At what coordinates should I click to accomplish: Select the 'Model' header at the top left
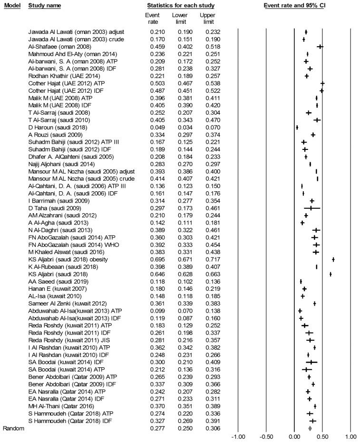11,5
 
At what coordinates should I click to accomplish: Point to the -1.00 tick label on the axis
237,435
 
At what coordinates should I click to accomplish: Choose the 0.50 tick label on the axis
322,435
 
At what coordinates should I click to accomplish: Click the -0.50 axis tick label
266,435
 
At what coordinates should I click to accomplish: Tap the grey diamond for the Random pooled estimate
310,428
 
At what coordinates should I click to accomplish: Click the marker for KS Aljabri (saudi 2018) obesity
333,259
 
